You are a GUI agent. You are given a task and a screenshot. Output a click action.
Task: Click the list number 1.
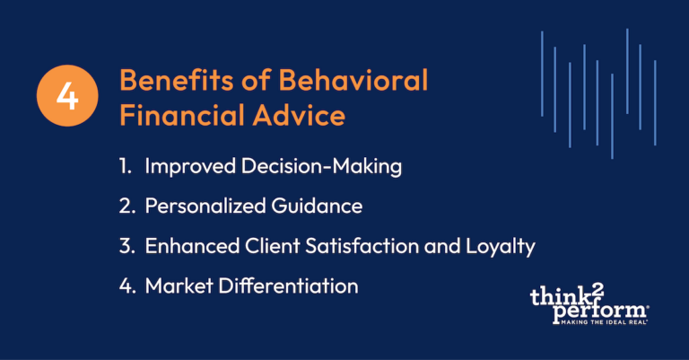126,167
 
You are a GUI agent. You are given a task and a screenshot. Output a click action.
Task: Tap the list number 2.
127,206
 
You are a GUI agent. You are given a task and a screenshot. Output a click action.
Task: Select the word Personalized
205,206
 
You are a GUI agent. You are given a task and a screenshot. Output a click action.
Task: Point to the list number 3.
127,246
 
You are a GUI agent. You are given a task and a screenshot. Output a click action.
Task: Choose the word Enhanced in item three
189,246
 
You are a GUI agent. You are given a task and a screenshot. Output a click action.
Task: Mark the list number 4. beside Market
127,285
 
